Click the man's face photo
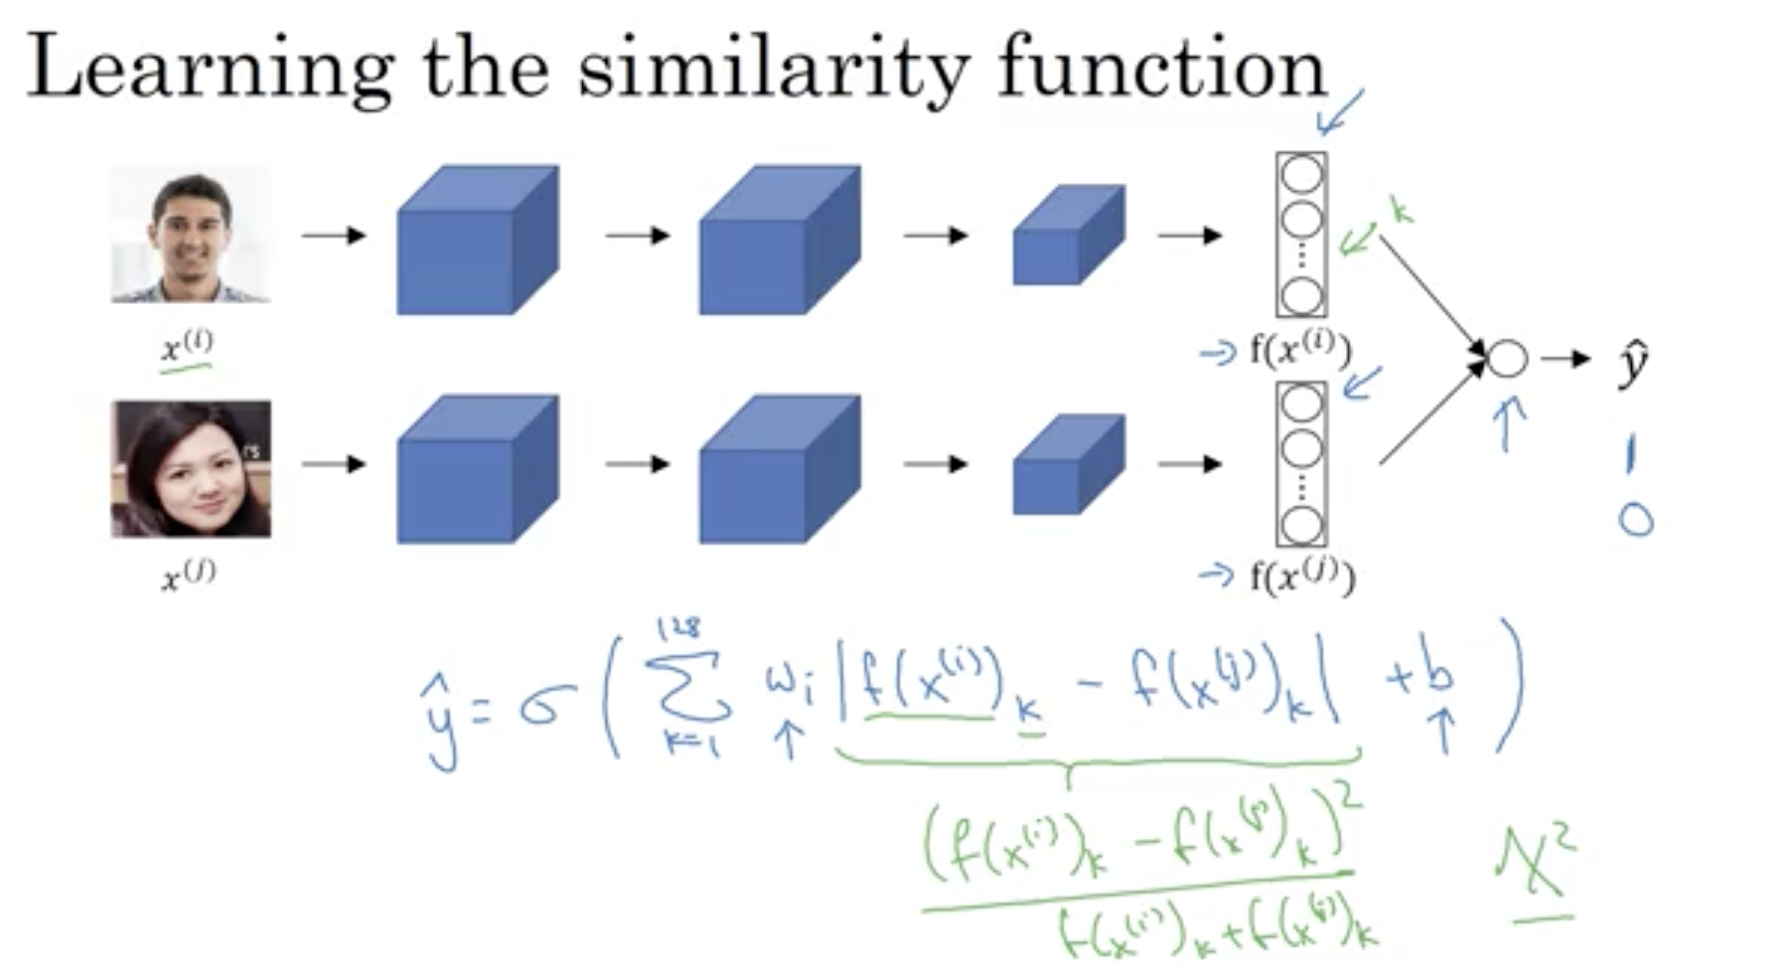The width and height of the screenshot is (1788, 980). pyautogui.click(x=190, y=234)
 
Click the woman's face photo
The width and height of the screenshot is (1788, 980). pyautogui.click(x=191, y=468)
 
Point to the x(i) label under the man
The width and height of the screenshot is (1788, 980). pyautogui.click(x=187, y=346)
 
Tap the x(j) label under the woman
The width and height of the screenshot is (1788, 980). pyautogui.click(x=188, y=575)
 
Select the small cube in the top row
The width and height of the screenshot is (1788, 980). pyautogui.click(x=1068, y=236)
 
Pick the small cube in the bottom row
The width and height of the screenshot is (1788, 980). pyautogui.click(x=1068, y=465)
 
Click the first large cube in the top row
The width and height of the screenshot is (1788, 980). pyautogui.click(x=477, y=241)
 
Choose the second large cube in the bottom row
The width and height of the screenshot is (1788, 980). pyautogui.click(x=779, y=469)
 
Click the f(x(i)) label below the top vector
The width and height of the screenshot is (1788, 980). pyautogui.click(x=1300, y=350)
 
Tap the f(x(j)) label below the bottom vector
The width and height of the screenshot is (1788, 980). pyautogui.click(x=1301, y=576)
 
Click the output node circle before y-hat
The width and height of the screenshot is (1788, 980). pyautogui.click(x=1507, y=359)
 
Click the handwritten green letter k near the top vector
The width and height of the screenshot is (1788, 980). pyautogui.click(x=1400, y=212)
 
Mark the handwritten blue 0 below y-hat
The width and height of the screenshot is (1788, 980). pyautogui.click(x=1636, y=520)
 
